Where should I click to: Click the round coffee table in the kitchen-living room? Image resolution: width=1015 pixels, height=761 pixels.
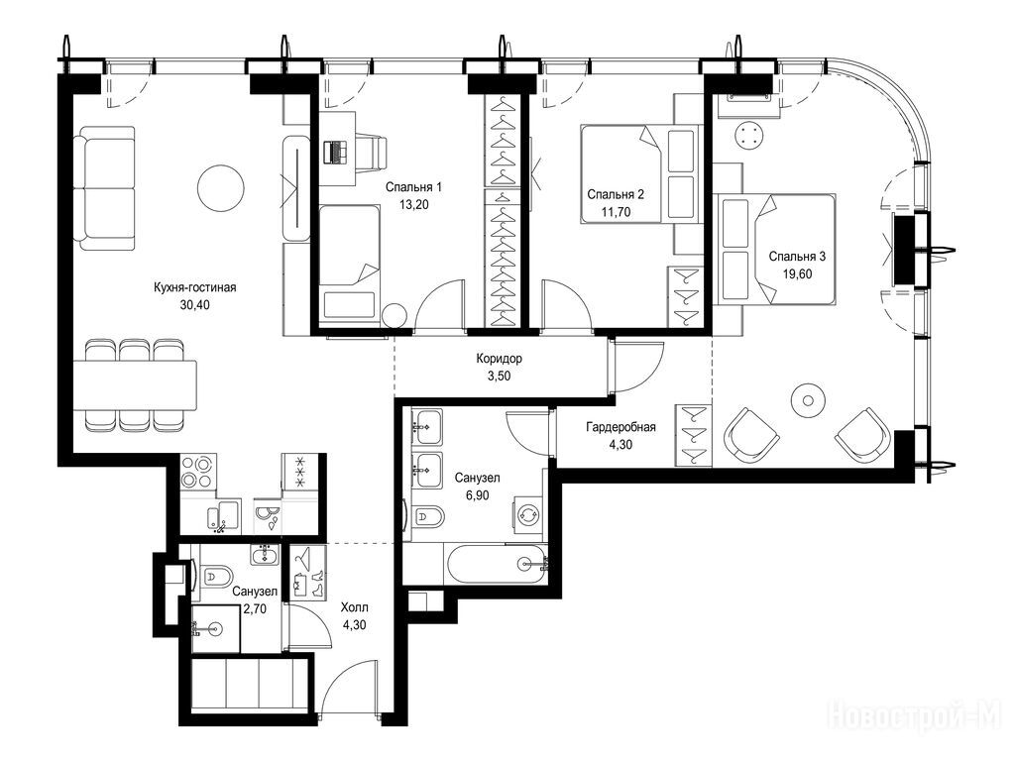point(221,188)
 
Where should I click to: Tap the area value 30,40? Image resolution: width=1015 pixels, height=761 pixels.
point(195,305)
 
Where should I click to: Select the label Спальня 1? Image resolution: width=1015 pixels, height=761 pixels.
point(413,187)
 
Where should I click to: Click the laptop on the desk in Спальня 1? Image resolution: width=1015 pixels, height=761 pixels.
point(335,152)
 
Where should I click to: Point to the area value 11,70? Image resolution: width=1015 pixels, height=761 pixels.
point(616,212)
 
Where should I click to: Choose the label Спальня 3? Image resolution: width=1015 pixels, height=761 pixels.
point(797,257)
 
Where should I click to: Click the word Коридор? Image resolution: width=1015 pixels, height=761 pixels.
point(500,358)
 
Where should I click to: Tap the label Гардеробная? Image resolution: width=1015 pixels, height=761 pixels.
point(620,427)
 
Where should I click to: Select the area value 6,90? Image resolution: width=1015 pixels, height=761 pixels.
point(477,495)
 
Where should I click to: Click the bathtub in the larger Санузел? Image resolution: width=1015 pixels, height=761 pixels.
point(497,563)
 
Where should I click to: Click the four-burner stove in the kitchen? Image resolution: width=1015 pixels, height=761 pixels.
point(197,472)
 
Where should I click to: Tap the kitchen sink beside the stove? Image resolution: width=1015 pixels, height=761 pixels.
point(223,516)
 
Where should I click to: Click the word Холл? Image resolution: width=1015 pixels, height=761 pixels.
point(355,607)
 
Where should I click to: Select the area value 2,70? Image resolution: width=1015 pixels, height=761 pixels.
point(255,608)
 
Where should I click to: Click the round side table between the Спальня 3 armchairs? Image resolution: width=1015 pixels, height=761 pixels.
point(809,401)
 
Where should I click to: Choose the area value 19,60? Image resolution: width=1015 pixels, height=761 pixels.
point(798,273)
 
